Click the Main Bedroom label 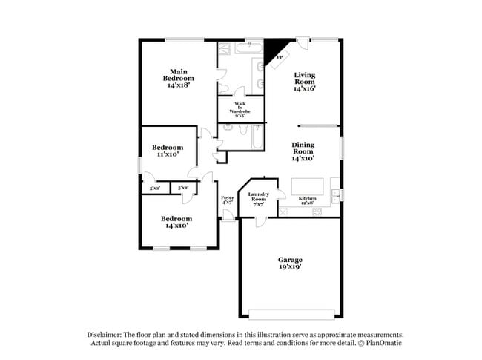[x=179, y=78]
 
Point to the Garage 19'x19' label [x=290, y=264]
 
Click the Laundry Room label [x=257, y=197]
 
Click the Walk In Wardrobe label [x=241, y=109]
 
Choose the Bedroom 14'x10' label [x=176, y=222]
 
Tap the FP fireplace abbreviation [x=280, y=57]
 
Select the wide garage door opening [x=289, y=312]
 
